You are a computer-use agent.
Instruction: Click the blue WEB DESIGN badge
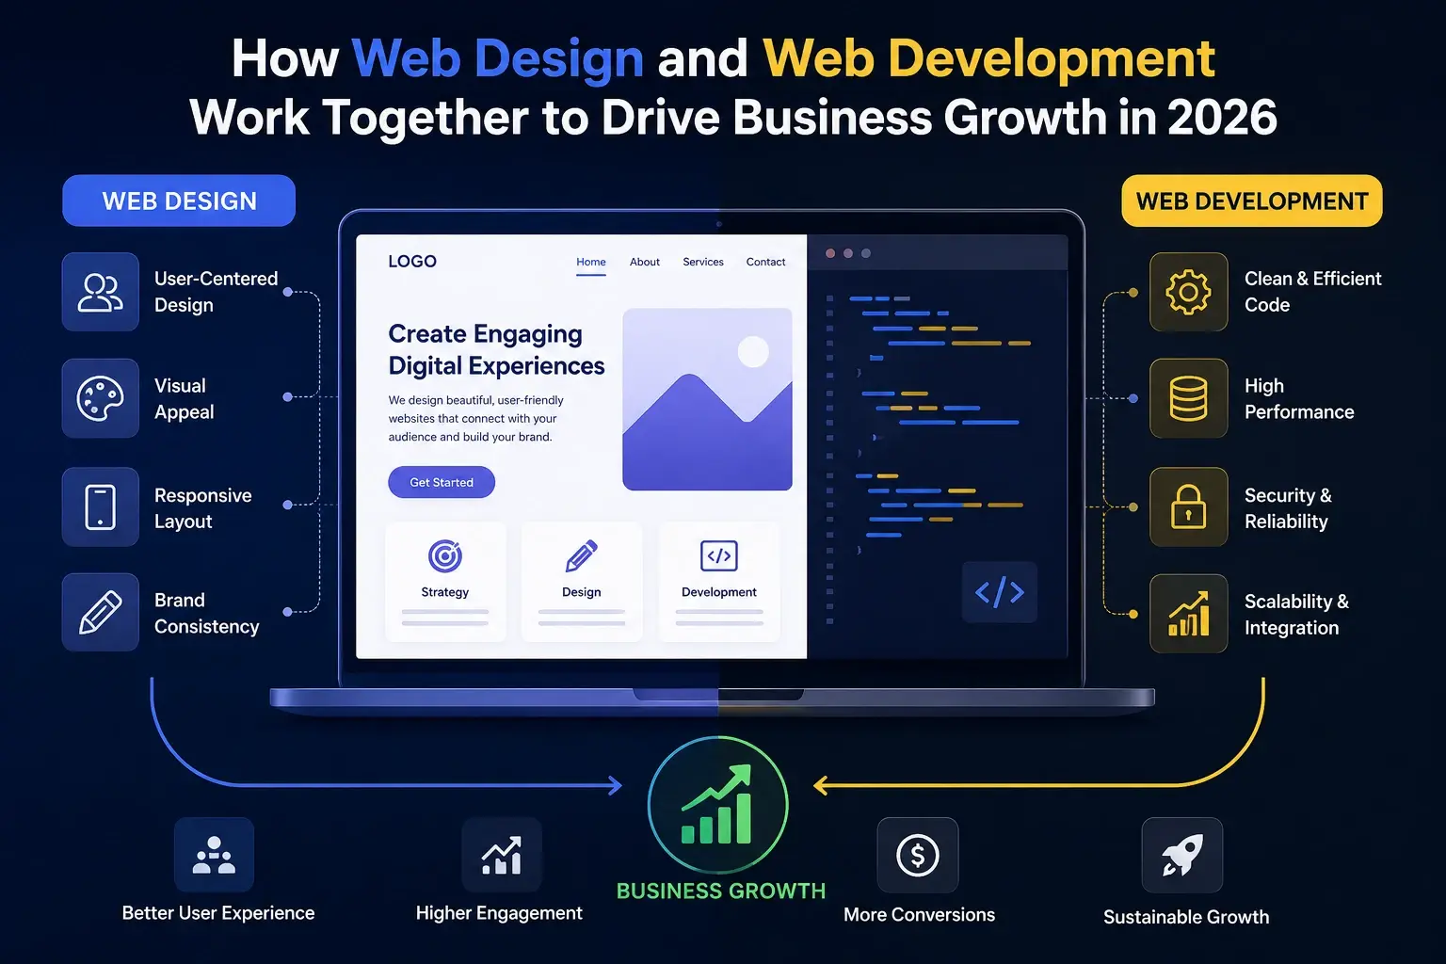coord(179,201)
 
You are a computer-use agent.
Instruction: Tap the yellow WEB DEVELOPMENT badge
coord(1252,201)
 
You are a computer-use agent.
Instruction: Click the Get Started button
coord(442,482)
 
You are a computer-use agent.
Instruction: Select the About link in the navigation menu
coord(644,262)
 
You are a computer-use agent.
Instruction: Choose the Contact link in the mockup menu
coord(765,262)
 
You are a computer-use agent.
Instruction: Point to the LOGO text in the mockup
coord(412,262)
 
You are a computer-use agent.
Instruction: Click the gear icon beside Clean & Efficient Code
coord(1188,292)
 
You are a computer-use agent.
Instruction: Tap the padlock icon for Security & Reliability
coord(1188,506)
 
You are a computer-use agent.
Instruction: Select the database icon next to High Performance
coord(1188,398)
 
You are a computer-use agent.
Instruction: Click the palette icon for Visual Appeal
coord(100,398)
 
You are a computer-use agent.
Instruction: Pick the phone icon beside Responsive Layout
coord(100,506)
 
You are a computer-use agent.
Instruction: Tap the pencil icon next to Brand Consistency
coord(100,612)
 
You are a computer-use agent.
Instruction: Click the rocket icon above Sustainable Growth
coord(1182,855)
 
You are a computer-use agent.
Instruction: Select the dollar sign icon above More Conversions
coord(917,855)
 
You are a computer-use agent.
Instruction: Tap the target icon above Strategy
coord(444,556)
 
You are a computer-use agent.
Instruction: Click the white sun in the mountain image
coord(753,352)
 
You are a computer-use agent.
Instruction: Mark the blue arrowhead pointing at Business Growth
coord(615,785)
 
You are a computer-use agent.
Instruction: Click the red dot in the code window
coord(830,253)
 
